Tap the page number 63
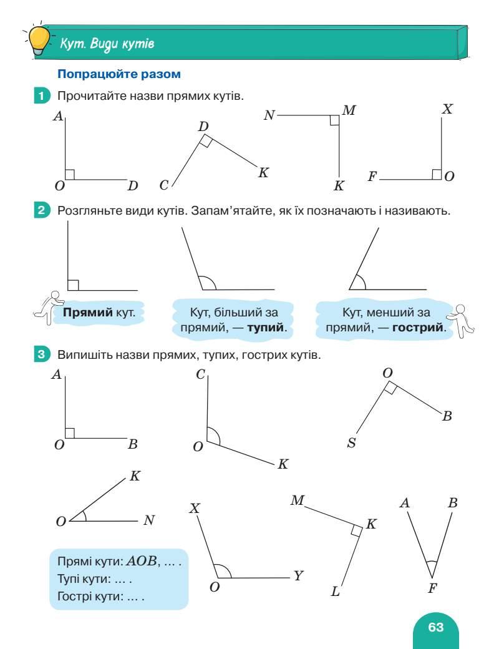click(x=435, y=627)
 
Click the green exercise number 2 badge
click(x=41, y=211)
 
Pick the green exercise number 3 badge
click(x=41, y=355)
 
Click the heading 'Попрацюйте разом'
click(x=119, y=74)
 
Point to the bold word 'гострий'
click(x=419, y=327)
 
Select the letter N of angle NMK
click(x=269, y=116)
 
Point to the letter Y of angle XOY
click(x=299, y=575)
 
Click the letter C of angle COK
click(x=201, y=374)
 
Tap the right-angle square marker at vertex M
click(x=334, y=120)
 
